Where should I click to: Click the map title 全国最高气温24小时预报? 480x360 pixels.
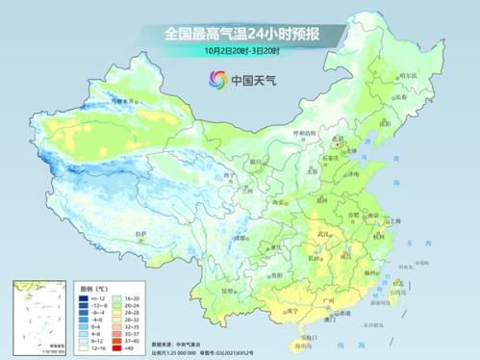[x=240, y=34]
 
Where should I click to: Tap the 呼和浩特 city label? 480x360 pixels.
[x=303, y=133]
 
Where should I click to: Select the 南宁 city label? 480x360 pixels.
[x=277, y=310]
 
